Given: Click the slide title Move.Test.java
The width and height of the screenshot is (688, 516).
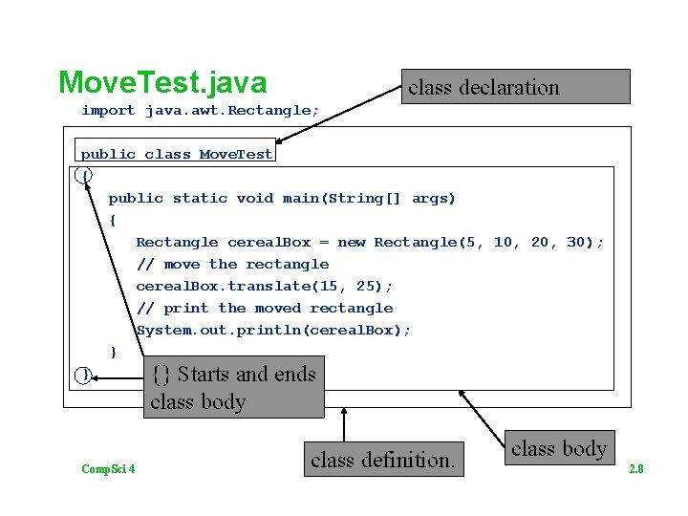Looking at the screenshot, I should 162,82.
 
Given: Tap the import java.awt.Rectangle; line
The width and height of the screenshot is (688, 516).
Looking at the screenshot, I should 199,111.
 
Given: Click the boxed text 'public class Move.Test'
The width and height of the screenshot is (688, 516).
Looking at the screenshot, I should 177,154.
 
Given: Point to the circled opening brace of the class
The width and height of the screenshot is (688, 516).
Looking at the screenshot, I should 86,176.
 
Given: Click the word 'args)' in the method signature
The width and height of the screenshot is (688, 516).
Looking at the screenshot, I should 434,199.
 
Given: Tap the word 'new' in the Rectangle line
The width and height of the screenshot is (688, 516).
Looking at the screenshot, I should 351,243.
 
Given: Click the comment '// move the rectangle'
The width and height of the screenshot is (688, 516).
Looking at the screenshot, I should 232,265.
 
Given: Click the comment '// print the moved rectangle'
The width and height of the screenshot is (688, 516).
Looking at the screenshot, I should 265,309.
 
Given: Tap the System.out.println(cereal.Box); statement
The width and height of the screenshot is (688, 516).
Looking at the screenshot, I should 273,331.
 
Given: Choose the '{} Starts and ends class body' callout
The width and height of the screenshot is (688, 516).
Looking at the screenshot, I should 235,387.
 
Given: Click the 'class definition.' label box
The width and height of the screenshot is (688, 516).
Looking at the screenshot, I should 382,460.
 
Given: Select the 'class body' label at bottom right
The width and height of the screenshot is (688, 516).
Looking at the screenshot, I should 559,448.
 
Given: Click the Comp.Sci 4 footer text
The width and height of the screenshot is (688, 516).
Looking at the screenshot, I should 108,468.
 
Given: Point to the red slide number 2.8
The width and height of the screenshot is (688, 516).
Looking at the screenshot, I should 635,469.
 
